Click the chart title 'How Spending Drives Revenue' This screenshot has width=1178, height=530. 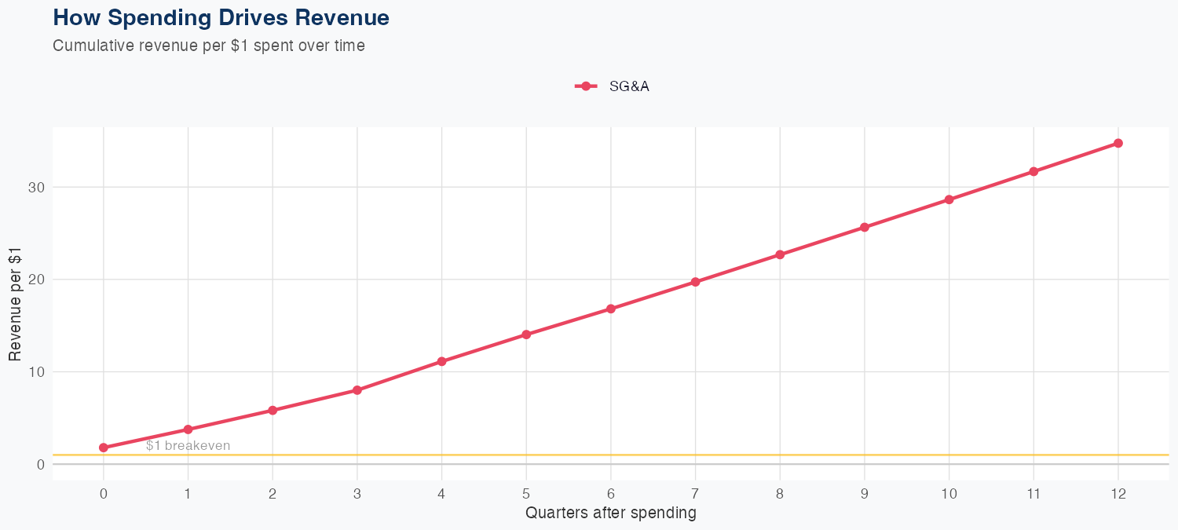pos(221,17)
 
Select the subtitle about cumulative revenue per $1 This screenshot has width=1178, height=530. pos(209,46)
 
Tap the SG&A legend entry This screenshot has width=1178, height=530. pos(613,86)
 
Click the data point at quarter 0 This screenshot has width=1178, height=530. pos(104,448)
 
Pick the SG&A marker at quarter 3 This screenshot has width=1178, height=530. pos(357,390)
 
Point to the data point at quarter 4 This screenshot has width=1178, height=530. pos(441,361)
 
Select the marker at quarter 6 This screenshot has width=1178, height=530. pos(610,309)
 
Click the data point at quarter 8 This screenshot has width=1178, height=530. pos(780,254)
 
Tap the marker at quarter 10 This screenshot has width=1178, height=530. pos(949,199)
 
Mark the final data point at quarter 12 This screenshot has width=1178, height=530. pos(1118,143)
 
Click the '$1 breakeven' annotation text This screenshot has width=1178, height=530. pos(188,446)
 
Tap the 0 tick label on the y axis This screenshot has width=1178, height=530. pos(38,464)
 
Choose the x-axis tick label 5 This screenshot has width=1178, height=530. pos(526,494)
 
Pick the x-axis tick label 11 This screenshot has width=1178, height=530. pos(1033,494)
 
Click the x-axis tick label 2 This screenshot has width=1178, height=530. pos(273,494)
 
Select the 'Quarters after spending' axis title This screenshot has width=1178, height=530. pos(610,514)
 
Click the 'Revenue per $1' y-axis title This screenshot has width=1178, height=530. pos(15,304)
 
